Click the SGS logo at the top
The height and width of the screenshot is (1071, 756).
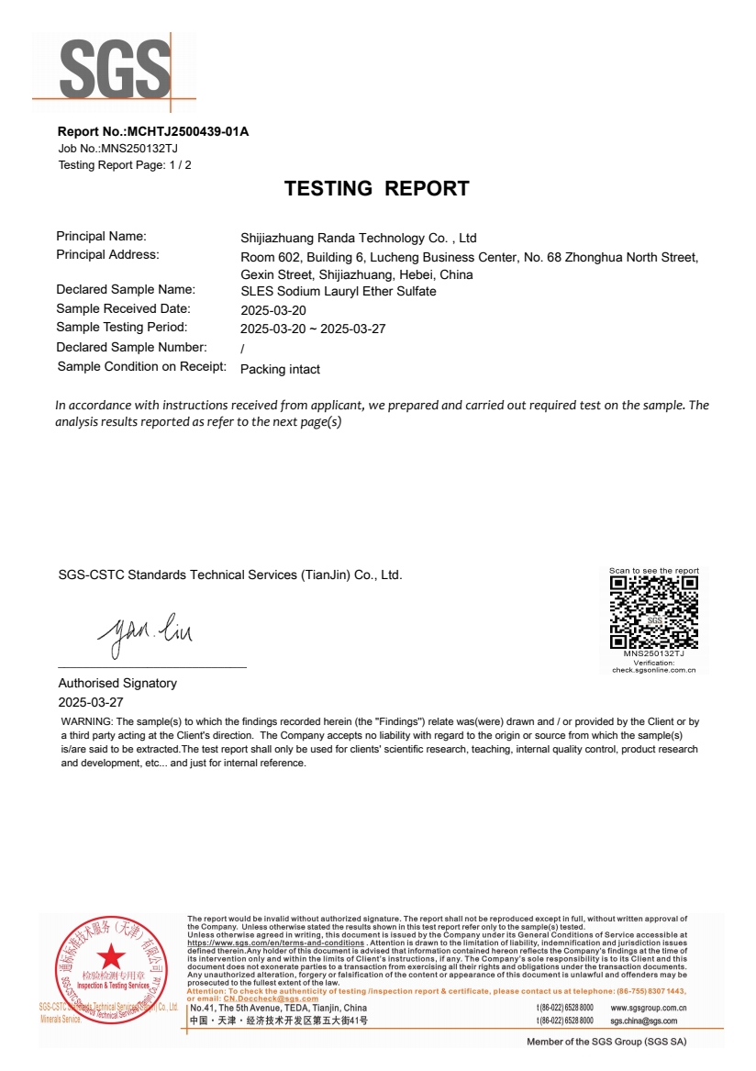(116, 71)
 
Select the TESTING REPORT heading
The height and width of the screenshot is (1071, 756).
(376, 189)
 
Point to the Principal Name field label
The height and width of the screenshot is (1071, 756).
(101, 237)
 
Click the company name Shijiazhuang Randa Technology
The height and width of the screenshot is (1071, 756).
(358, 239)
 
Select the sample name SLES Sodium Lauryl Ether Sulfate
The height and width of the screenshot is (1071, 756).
(338, 292)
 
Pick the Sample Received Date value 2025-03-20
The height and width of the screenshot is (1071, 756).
(272, 310)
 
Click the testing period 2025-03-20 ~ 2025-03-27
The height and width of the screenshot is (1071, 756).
(312, 329)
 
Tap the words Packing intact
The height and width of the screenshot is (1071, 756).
(280, 370)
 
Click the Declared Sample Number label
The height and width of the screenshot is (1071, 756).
(131, 348)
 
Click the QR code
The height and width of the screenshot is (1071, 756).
(654, 612)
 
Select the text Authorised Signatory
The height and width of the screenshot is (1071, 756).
(117, 684)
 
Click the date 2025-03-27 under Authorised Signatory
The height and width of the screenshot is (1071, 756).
(91, 702)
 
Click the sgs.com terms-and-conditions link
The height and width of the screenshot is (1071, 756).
(275, 943)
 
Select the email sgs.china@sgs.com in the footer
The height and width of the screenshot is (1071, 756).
(643, 1021)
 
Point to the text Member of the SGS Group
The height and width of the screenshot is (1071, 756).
(606, 1042)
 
